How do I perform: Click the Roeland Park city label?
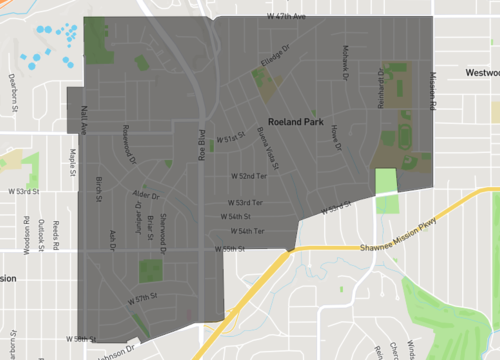pyautogui.click(x=300, y=115)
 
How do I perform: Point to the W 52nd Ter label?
pyautogui.click(x=249, y=175)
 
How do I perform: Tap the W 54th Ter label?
pyautogui.click(x=246, y=231)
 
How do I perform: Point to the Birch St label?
pyautogui.click(x=99, y=187)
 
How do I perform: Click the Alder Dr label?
pyautogui.click(x=146, y=194)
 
